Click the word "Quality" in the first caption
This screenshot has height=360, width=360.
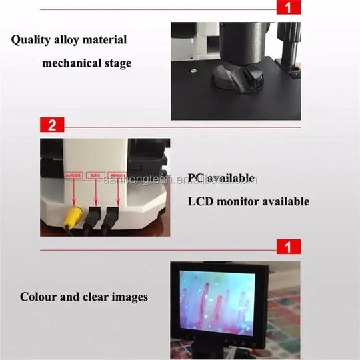(31, 39)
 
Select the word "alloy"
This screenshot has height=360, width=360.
(69, 39)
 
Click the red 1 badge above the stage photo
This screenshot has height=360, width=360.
(287, 9)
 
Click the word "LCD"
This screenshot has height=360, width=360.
(201, 201)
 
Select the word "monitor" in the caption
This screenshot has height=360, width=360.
(241, 201)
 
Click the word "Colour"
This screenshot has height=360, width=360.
(39, 297)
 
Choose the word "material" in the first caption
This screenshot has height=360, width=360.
(105, 39)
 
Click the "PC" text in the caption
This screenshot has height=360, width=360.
(195, 178)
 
